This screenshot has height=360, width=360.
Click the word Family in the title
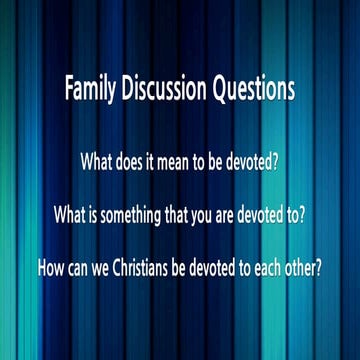[x=91, y=90]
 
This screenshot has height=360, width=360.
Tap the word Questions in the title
[x=253, y=91]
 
